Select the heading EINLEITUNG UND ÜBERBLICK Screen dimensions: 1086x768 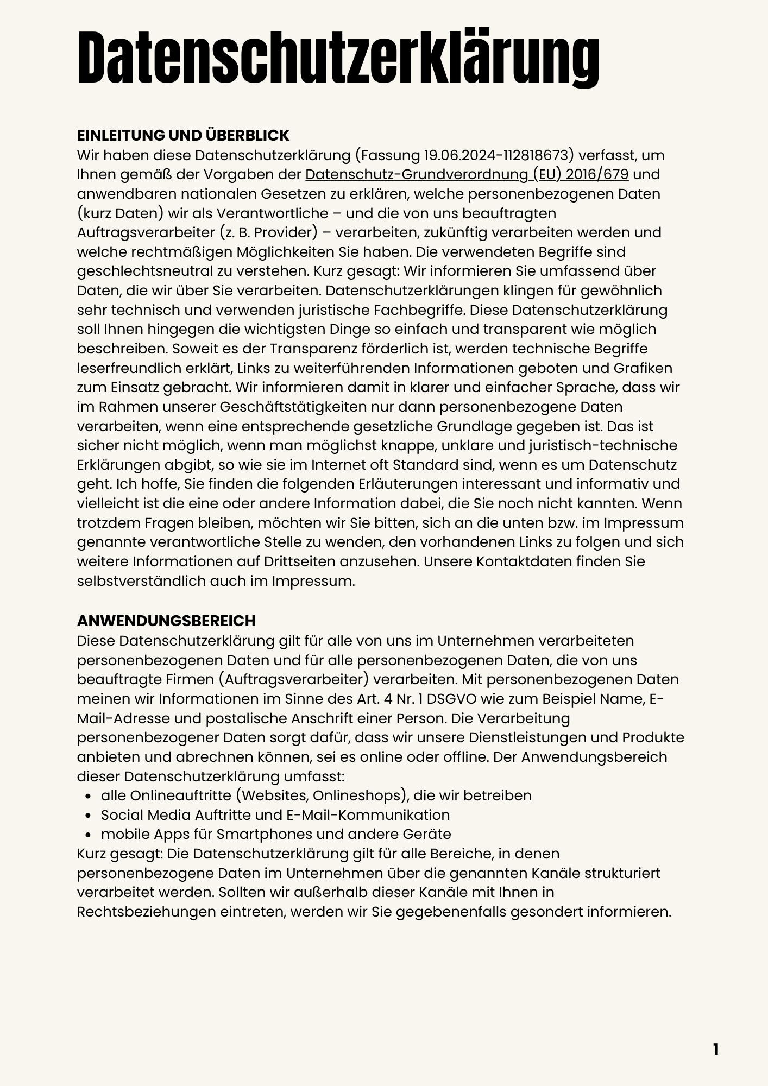click(183, 135)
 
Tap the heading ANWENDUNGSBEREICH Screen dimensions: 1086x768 click(166, 621)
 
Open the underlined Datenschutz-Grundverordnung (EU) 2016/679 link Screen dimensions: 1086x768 click(467, 174)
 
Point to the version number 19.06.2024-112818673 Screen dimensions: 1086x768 click(498, 155)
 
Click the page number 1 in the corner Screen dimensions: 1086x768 click(715, 1049)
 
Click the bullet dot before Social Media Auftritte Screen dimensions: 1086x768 click(88, 816)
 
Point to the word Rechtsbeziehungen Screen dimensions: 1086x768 click(146, 912)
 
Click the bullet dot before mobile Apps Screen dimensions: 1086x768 click(88, 835)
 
